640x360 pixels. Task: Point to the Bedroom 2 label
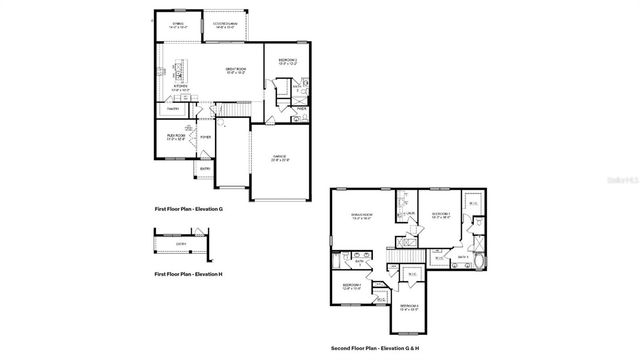click(288, 61)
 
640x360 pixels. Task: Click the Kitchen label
click(181, 87)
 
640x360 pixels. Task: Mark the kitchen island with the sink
click(181, 71)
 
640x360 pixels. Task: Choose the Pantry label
click(172, 109)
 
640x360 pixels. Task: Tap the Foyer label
click(205, 138)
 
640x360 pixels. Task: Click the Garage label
click(281, 158)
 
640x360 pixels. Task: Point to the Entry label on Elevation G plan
click(203, 169)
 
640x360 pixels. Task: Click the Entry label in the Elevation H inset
click(181, 242)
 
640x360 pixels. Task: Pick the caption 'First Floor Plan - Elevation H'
click(188, 273)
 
